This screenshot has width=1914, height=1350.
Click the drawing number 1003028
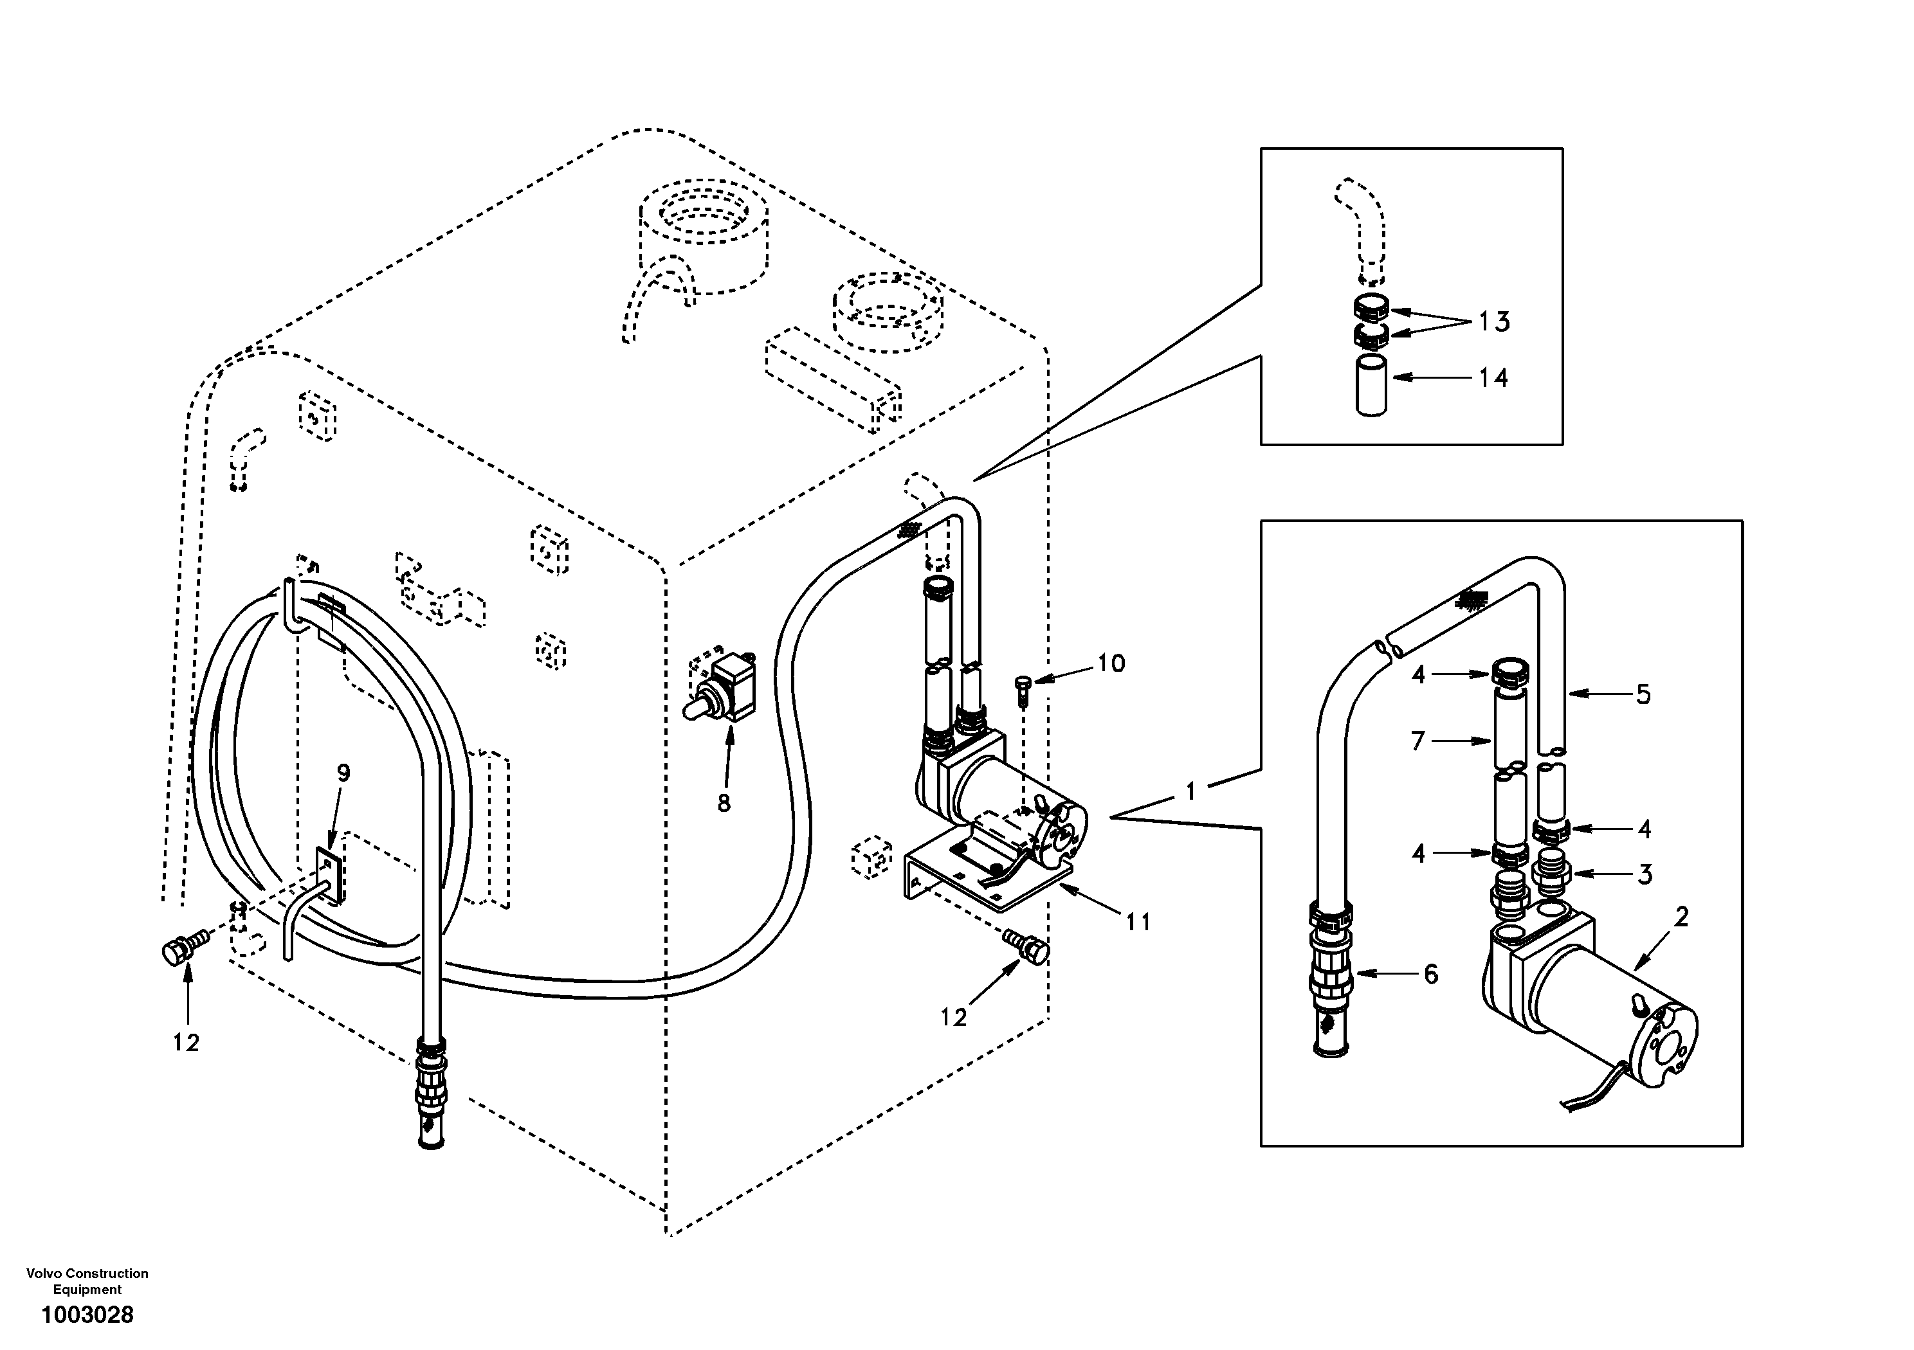point(87,1316)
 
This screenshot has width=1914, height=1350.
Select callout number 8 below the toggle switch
point(724,804)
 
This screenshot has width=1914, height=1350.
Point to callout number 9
point(343,773)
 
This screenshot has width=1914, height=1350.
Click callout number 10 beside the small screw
point(1110,663)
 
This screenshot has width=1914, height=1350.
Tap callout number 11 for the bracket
point(1138,922)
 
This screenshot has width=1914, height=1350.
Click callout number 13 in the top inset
point(1495,321)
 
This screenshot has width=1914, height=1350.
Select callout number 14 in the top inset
point(1493,379)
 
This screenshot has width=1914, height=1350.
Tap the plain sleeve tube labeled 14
point(1371,385)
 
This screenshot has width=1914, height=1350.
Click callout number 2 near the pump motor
point(1681,917)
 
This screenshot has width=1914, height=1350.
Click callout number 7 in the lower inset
point(1418,740)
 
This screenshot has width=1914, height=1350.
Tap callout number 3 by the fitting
point(1644,874)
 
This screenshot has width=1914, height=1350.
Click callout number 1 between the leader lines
point(1190,791)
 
